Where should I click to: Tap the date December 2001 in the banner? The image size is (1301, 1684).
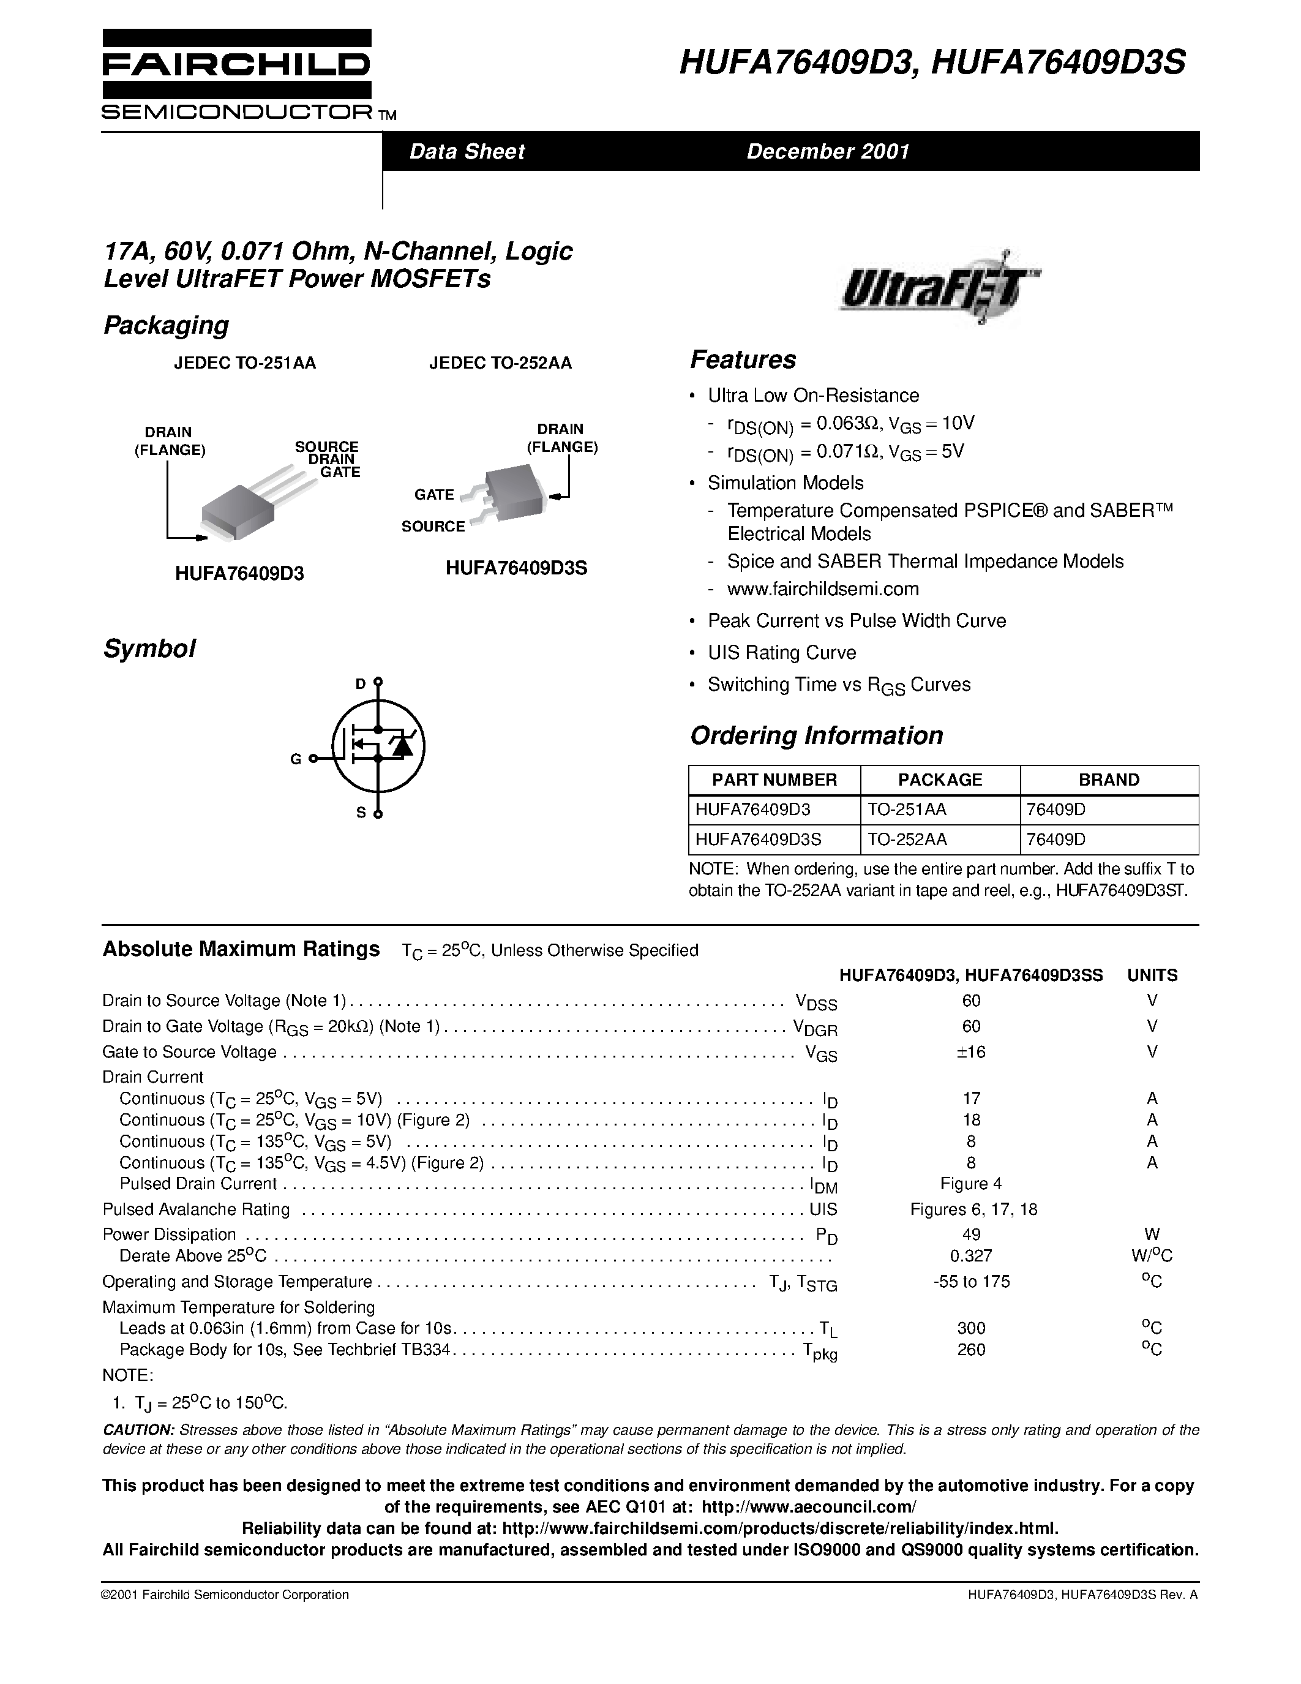(828, 151)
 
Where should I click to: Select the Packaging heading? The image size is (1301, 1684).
(166, 325)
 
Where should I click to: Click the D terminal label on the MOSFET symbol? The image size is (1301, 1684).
(360, 683)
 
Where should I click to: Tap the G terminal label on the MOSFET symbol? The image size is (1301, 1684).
(295, 759)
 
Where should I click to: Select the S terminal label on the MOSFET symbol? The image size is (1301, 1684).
(360, 813)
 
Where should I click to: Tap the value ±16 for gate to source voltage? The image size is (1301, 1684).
(971, 1051)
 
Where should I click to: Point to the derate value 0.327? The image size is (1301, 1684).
(971, 1255)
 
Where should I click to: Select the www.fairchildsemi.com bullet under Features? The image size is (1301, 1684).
(822, 589)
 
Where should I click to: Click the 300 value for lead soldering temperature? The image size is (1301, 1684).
(971, 1328)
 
